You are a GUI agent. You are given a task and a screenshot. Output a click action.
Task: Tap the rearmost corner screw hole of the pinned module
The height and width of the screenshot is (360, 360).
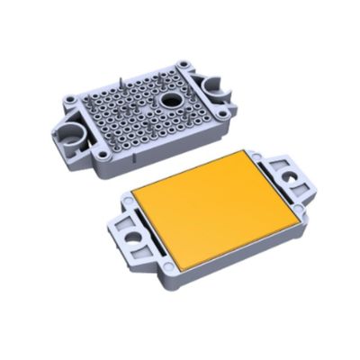(186, 65)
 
